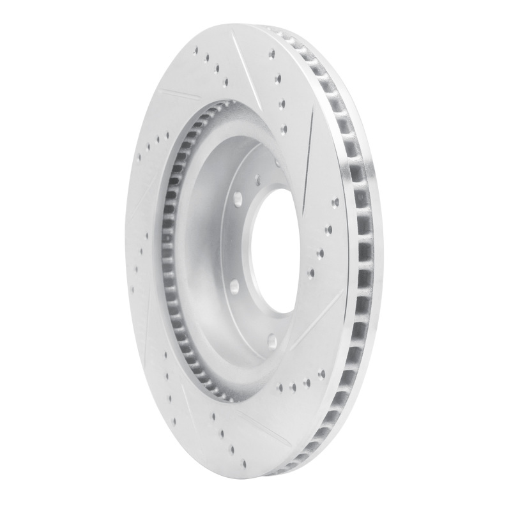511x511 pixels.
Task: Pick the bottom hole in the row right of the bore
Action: point(312,273)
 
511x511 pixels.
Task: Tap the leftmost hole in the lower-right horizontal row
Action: point(281,387)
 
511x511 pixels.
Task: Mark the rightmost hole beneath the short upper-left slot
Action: point(167,135)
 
